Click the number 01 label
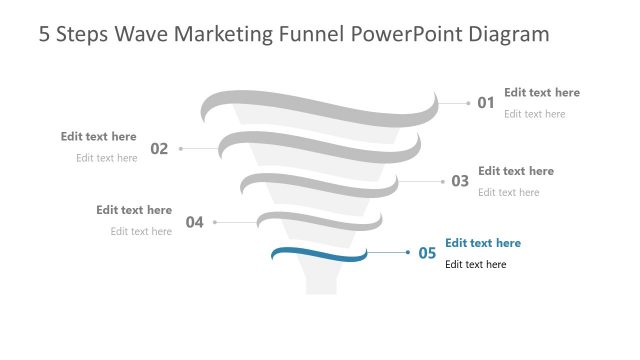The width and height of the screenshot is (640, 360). click(x=486, y=102)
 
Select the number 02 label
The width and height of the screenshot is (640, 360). click(x=159, y=149)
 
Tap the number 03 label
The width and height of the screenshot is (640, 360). click(x=460, y=181)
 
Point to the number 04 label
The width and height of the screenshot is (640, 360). click(x=194, y=222)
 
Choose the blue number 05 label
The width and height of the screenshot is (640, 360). click(x=427, y=253)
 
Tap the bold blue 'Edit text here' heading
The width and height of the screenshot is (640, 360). click(x=483, y=243)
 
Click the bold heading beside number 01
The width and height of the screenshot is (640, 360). click(x=541, y=93)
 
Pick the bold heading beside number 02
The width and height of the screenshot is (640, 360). click(x=98, y=137)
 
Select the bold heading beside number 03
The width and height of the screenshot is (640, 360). click(x=515, y=171)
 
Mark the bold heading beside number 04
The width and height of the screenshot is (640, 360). click(x=134, y=210)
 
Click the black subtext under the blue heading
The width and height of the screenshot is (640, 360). click(x=475, y=265)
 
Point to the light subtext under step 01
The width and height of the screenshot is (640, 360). click(x=534, y=114)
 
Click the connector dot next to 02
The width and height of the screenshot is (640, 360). click(x=181, y=149)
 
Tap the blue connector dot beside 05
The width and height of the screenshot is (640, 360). click(x=408, y=253)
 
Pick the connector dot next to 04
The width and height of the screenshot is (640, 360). click(x=215, y=222)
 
